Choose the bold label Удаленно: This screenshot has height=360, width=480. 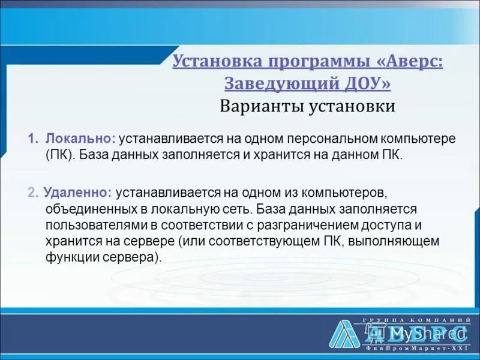77,193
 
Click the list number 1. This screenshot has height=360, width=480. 32,139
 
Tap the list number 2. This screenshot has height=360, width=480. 32,193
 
